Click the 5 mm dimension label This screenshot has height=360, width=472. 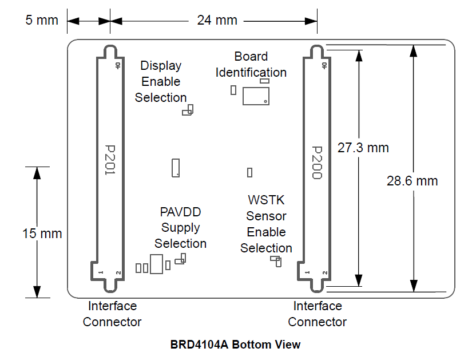point(42,21)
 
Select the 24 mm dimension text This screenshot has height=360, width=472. point(217,21)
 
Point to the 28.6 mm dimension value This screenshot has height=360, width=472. point(412,181)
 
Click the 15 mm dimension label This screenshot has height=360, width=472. point(42,234)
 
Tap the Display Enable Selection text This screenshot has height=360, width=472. point(161,82)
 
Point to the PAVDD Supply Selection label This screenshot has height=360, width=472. point(180,228)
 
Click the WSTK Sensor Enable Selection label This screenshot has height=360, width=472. point(266,224)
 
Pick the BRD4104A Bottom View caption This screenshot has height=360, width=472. point(235,345)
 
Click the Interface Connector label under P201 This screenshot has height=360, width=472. point(112,314)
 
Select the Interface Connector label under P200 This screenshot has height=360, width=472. point(317,314)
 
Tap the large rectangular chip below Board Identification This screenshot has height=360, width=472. point(255,96)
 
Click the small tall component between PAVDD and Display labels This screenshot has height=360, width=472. point(176,167)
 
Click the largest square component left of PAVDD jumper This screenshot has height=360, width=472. point(156,264)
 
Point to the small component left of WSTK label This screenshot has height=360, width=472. point(249,172)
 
